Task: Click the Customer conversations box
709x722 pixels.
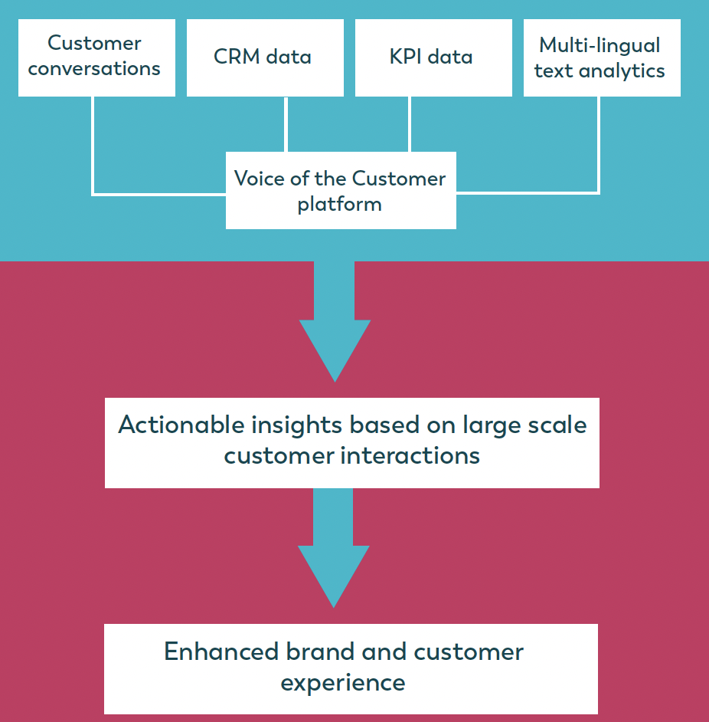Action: coord(96,57)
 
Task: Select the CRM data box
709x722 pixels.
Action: coord(265,57)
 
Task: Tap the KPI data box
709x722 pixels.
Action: coord(433,57)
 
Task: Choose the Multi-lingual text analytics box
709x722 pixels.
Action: coord(602,57)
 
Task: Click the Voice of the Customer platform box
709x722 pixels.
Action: coord(341,190)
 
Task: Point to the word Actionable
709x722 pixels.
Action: coord(181,425)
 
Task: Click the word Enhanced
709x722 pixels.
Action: coord(221,651)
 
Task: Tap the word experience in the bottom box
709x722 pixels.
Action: coord(343,683)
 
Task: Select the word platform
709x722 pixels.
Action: coord(339,205)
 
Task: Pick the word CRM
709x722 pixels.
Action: coord(237,57)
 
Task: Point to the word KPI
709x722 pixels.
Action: coord(406,57)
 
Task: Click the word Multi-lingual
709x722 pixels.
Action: coord(600,46)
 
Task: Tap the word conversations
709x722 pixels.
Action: coord(94,69)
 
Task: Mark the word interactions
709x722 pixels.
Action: coord(410,456)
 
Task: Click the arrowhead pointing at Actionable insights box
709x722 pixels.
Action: coord(335,350)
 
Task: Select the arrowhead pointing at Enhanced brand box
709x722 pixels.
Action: coord(334,576)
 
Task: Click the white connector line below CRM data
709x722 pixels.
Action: coord(286,124)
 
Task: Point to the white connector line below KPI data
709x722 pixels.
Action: coord(410,124)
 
